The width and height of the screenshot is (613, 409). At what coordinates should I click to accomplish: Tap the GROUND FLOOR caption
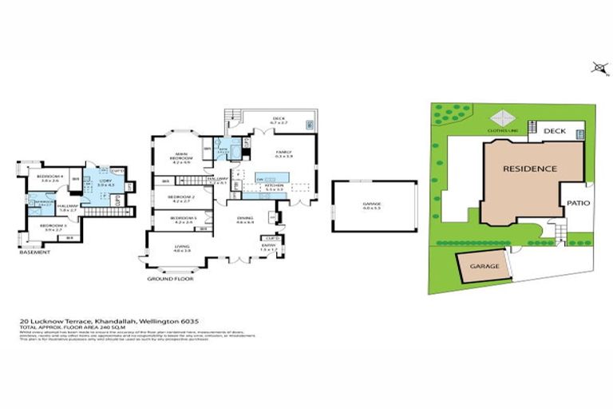point(172,278)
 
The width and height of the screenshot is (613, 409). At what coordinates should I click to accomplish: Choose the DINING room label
point(244,220)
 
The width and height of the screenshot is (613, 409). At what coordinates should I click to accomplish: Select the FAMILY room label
point(284,152)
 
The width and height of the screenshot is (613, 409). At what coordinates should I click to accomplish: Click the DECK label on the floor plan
point(279,121)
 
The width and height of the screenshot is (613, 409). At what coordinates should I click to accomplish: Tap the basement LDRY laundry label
point(105,182)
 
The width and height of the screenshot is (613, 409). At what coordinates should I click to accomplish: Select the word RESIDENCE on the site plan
point(529,169)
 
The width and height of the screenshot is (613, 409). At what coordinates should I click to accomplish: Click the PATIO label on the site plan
point(578,203)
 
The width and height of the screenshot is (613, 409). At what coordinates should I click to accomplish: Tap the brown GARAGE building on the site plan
point(484,266)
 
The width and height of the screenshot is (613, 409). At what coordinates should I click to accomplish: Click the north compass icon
point(599,68)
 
